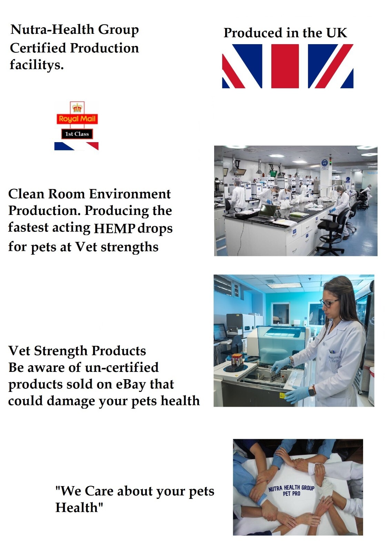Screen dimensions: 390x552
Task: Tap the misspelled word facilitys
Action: (x=37, y=65)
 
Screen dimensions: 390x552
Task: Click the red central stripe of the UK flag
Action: (x=285, y=66)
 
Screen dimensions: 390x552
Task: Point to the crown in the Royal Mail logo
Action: (x=77, y=108)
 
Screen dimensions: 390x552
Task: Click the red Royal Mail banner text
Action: (x=77, y=119)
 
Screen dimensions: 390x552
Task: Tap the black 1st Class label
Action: (x=77, y=134)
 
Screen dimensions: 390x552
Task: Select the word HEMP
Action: (x=114, y=229)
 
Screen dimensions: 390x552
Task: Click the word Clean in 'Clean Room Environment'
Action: (x=26, y=194)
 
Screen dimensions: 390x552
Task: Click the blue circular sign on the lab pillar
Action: (x=324, y=163)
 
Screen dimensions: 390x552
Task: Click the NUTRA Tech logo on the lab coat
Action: (x=335, y=359)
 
